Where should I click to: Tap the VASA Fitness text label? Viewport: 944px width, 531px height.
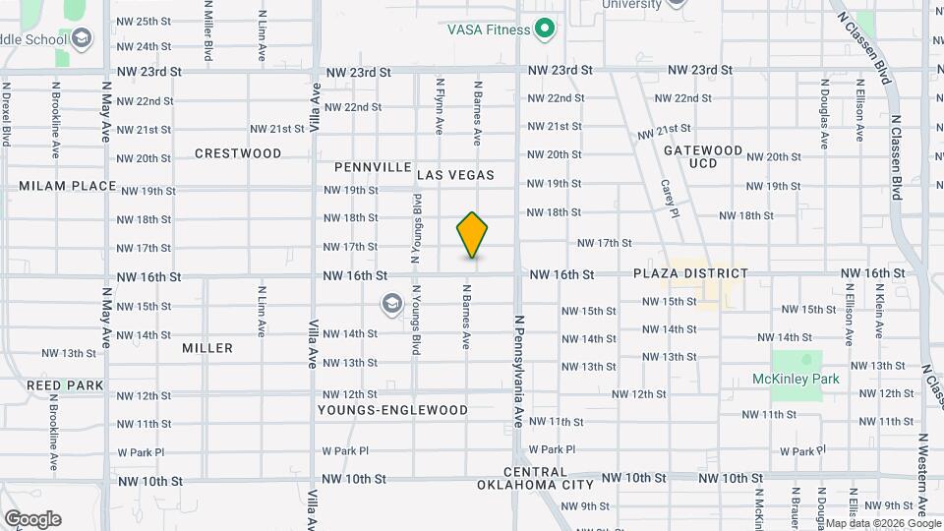pyautogui.click(x=489, y=29)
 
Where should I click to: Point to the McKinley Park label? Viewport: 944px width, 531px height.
pyautogui.click(x=796, y=379)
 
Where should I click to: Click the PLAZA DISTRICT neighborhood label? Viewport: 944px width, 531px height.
pyautogui.click(x=690, y=273)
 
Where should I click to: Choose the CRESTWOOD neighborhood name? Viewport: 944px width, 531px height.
pyautogui.click(x=238, y=153)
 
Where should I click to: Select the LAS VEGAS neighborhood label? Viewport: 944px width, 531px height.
pyautogui.click(x=455, y=175)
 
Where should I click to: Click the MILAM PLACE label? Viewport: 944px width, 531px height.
pyautogui.click(x=68, y=187)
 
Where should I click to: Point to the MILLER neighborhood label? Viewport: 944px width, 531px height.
pyautogui.click(x=207, y=348)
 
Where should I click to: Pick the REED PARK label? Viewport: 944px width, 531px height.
pyautogui.click(x=58, y=384)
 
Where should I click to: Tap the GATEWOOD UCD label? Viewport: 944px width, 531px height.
pyautogui.click(x=703, y=156)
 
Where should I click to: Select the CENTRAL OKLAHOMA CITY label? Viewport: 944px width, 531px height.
pyautogui.click(x=536, y=479)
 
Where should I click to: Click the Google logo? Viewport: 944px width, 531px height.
pyautogui.click(x=32, y=519)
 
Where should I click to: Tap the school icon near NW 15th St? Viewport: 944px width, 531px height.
pyautogui.click(x=392, y=305)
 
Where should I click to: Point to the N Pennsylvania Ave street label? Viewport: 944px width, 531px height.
pyautogui.click(x=518, y=371)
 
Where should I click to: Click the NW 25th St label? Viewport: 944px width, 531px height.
pyautogui.click(x=144, y=21)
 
